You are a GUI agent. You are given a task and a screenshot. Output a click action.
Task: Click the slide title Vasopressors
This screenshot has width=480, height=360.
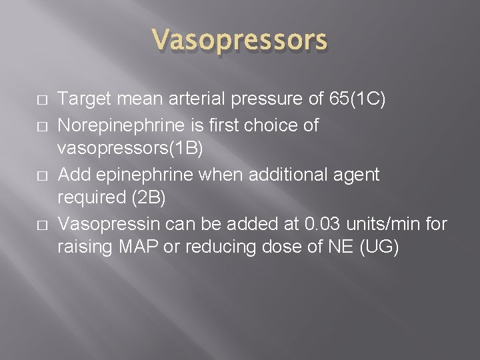(239, 41)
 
